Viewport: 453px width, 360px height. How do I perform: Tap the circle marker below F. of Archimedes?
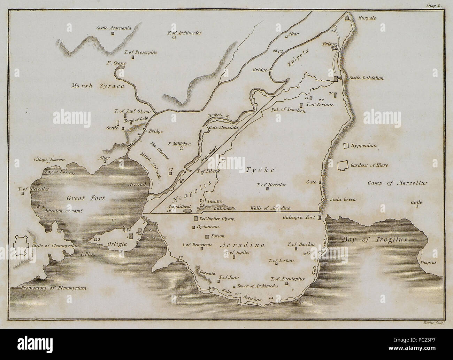coord(174,38)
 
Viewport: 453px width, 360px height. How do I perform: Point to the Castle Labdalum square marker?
coord(336,79)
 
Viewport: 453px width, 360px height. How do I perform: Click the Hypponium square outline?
coord(346,146)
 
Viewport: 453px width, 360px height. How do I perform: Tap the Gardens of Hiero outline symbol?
coord(344,165)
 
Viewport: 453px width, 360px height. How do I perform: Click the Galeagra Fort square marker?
coord(319,218)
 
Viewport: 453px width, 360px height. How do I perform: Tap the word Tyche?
coord(265,170)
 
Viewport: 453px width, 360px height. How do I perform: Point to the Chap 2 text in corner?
coord(434,6)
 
